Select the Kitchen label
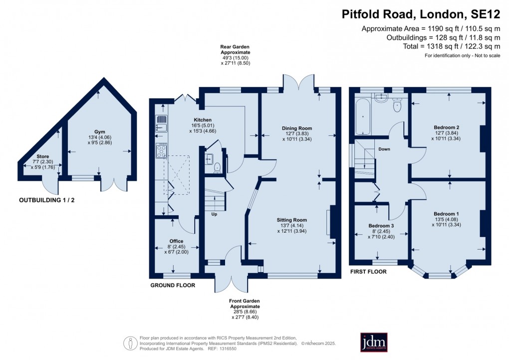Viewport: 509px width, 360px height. point(203,120)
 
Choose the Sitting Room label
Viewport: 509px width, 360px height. point(292,220)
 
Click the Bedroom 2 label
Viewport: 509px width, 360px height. point(447,127)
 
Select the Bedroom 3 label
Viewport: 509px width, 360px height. point(381,226)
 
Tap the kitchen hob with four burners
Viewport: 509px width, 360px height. point(162,151)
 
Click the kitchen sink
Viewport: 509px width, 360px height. point(161,123)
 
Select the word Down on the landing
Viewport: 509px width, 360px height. point(384,149)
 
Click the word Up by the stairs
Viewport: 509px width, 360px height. point(215,215)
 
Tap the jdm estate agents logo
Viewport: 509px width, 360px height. point(374,342)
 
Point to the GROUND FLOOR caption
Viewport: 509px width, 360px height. point(173,286)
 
